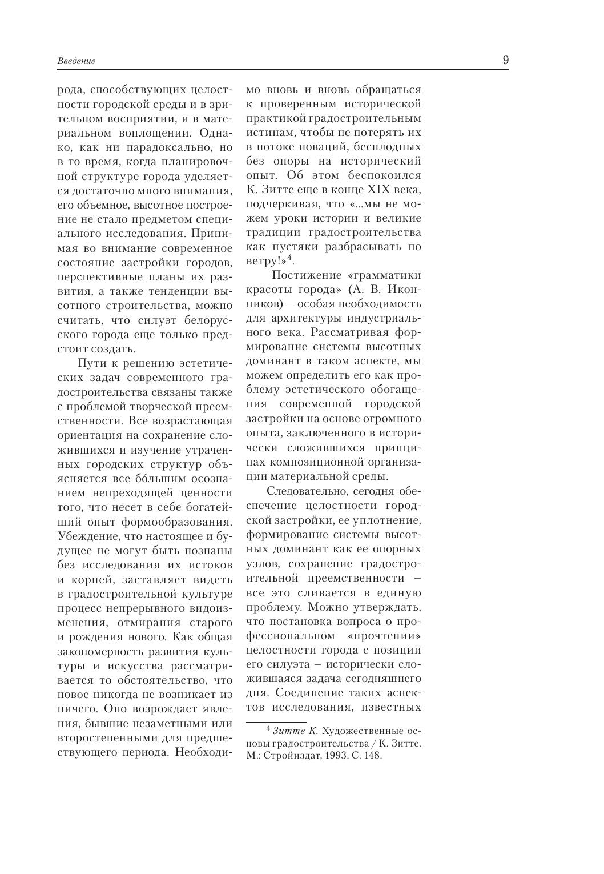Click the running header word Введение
click(x=76, y=61)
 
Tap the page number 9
click(x=505, y=60)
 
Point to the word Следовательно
click(x=302, y=491)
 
